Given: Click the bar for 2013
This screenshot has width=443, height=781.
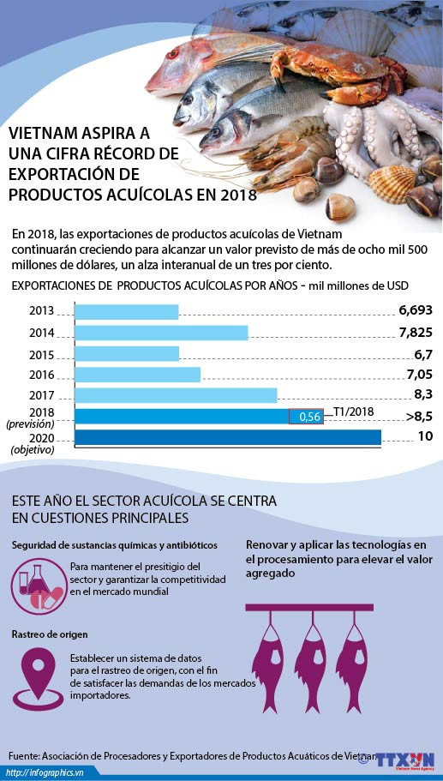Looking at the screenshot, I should click(127, 311).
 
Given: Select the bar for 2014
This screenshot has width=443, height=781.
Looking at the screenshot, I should click(161, 333).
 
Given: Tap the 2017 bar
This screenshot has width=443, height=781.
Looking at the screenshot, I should click(176, 395).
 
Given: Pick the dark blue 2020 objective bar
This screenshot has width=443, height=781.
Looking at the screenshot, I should click(228, 437).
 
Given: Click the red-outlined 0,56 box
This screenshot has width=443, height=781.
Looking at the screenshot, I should click(306, 417).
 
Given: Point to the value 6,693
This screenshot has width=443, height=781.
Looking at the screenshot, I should click(416, 310).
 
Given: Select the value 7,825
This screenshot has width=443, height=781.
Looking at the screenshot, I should click(416, 333).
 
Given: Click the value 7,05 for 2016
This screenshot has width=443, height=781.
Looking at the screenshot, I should click(418, 374).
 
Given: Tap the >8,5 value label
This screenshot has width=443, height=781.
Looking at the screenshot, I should click(418, 416).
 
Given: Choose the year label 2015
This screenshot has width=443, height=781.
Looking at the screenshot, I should click(41, 354).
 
